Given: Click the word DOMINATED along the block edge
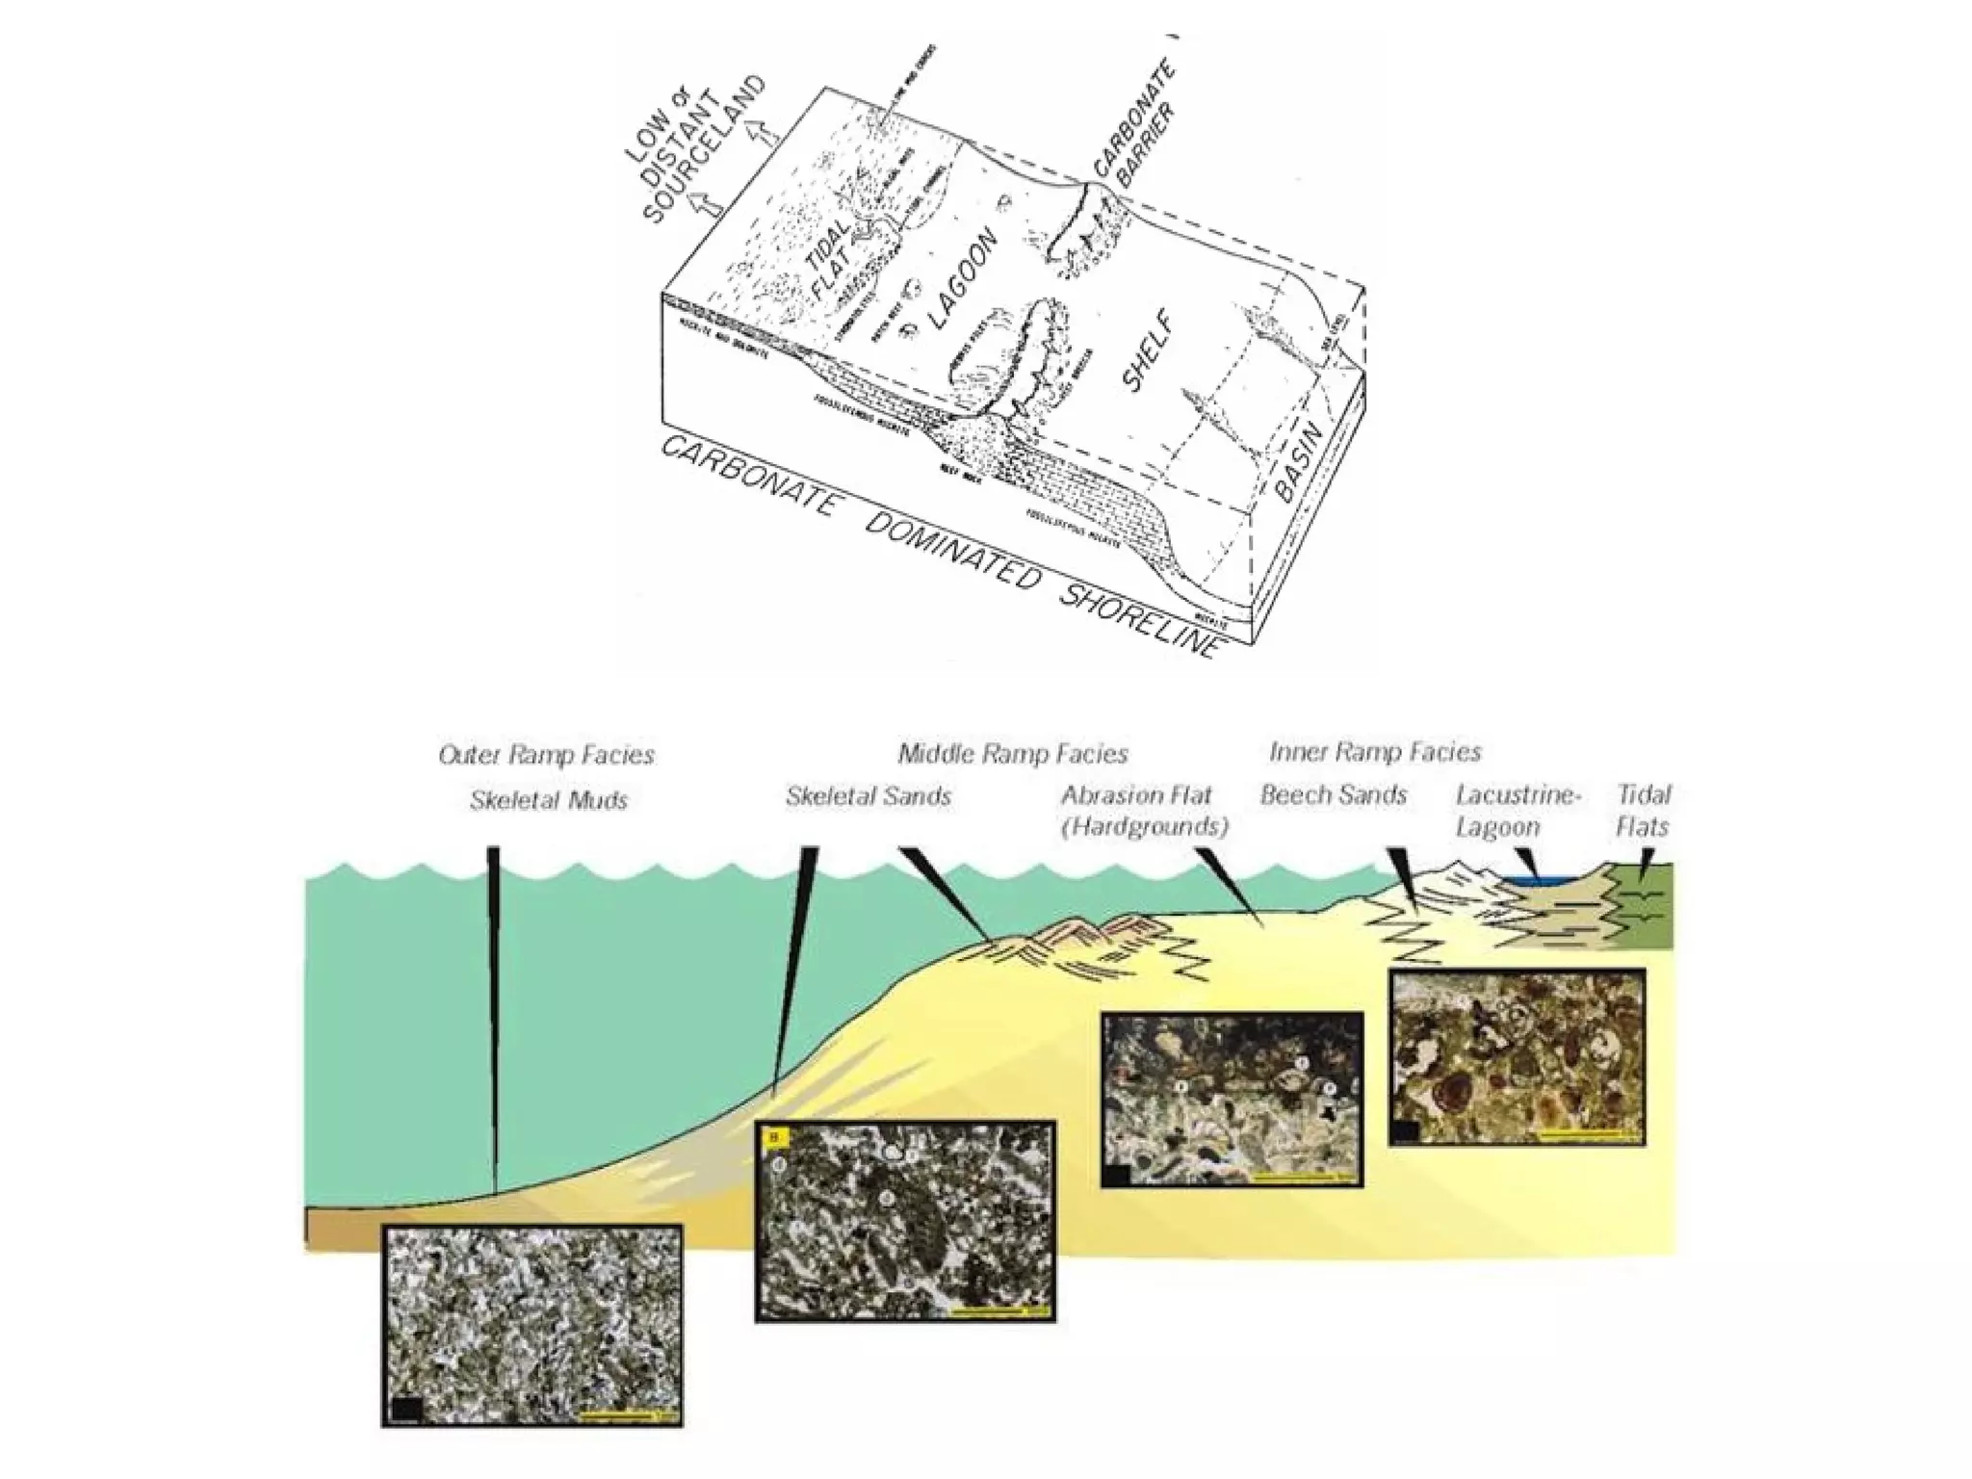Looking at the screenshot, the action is pyautogui.click(x=952, y=550).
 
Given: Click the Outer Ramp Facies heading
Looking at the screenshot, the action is pyautogui.click(x=546, y=755).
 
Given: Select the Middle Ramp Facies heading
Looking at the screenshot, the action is pyautogui.click(x=1013, y=753).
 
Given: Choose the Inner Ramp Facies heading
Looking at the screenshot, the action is pyautogui.click(x=1375, y=751).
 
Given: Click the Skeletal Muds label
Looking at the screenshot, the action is pyautogui.click(x=548, y=800).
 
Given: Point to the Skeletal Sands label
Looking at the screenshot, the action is pyautogui.click(x=869, y=796).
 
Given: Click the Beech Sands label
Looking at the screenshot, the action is pyautogui.click(x=1334, y=795).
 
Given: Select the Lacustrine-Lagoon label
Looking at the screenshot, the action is pyautogui.click(x=1518, y=810).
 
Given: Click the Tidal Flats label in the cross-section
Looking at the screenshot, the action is pyautogui.click(x=1644, y=810).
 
